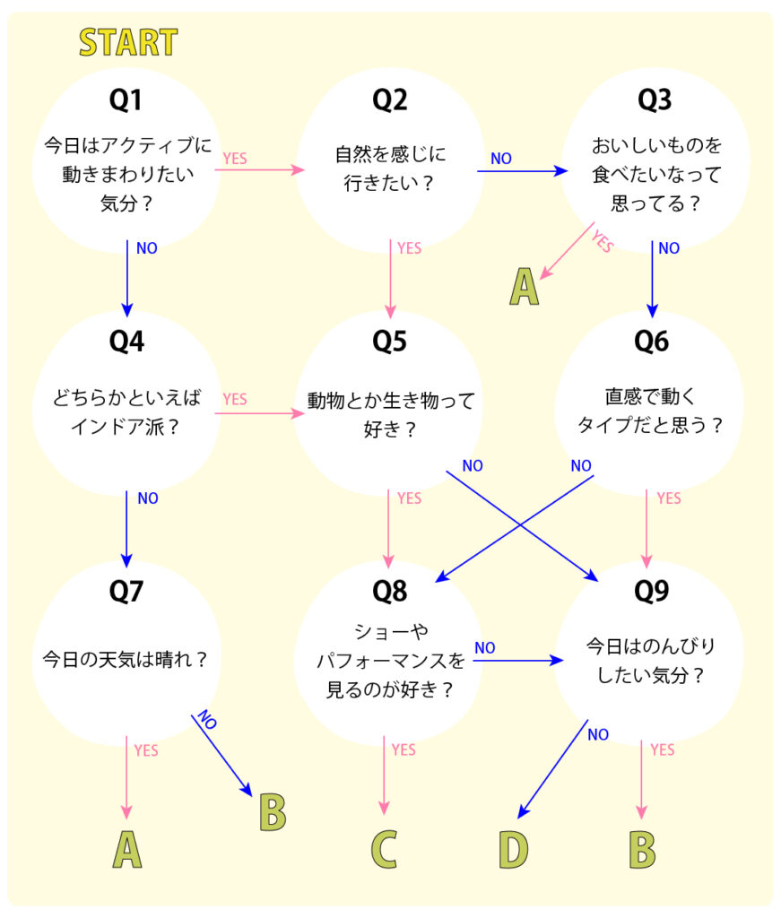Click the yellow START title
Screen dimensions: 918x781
click(x=128, y=42)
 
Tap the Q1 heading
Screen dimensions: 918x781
click(x=126, y=100)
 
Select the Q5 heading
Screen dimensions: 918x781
click(x=389, y=342)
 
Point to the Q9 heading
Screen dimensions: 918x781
click(x=652, y=591)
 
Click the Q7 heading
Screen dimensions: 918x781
click(x=126, y=591)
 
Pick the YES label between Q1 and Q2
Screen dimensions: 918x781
click(x=235, y=159)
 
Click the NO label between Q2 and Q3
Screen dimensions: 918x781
click(x=501, y=159)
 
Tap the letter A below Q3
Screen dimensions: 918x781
click(x=525, y=287)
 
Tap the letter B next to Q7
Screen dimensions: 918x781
click(x=272, y=811)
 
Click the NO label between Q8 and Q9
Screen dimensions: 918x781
click(x=485, y=647)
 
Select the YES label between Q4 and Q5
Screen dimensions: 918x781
click(x=235, y=399)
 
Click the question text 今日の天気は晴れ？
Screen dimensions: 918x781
click(x=126, y=661)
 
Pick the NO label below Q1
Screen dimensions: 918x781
click(x=147, y=248)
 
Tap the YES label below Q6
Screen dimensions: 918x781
click(x=669, y=498)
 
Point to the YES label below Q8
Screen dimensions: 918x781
click(x=404, y=749)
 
